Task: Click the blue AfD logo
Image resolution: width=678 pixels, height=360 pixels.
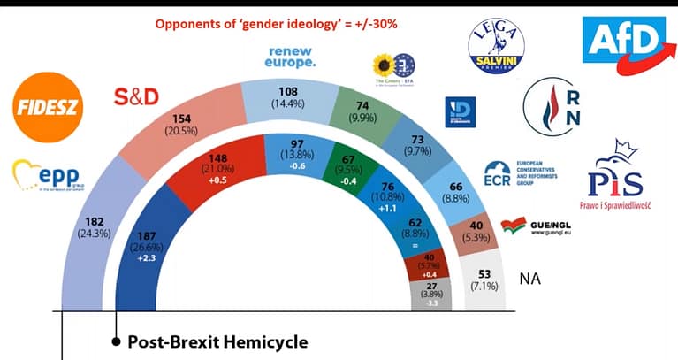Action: click(623, 41)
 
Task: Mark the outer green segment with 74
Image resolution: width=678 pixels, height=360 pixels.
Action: click(362, 109)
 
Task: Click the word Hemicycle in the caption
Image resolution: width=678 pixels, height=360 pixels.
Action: click(265, 341)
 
